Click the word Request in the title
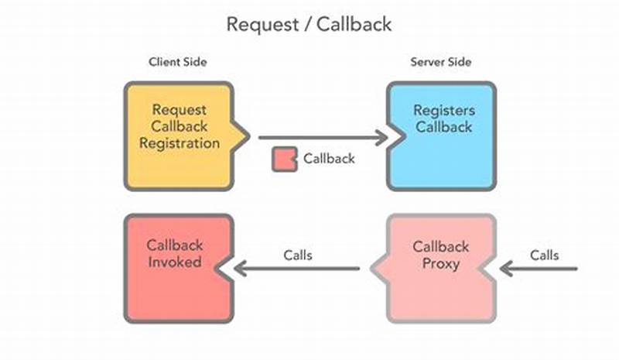click(x=258, y=24)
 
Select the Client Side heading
click(x=177, y=62)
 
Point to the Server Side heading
click(x=441, y=62)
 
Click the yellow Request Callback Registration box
click(x=179, y=136)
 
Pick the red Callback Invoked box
click(x=177, y=268)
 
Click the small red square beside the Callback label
click(x=284, y=159)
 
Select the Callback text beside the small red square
click(x=329, y=159)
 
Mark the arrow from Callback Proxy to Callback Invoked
click(x=298, y=269)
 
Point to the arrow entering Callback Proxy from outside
click(x=539, y=269)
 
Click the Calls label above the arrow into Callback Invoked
click(x=297, y=255)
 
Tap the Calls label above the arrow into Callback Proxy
click(x=545, y=255)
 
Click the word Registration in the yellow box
click(x=185, y=143)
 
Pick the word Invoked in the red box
click(x=174, y=262)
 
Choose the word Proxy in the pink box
click(x=440, y=263)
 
